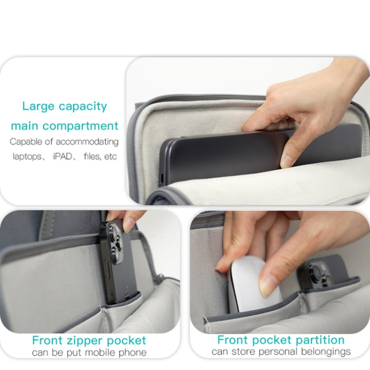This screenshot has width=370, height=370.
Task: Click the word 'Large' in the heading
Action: coord(38,107)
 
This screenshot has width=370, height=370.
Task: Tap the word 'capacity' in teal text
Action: coord(83,107)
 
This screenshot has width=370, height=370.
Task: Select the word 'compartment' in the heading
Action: coord(80,126)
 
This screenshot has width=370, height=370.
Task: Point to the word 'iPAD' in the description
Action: coord(63,156)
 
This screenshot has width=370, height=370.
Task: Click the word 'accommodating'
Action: coord(87,142)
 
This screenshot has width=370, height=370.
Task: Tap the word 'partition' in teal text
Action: coord(320,340)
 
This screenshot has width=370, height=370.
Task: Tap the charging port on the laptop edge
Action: coord(162,179)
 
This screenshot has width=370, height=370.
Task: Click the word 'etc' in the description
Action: coord(110,156)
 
